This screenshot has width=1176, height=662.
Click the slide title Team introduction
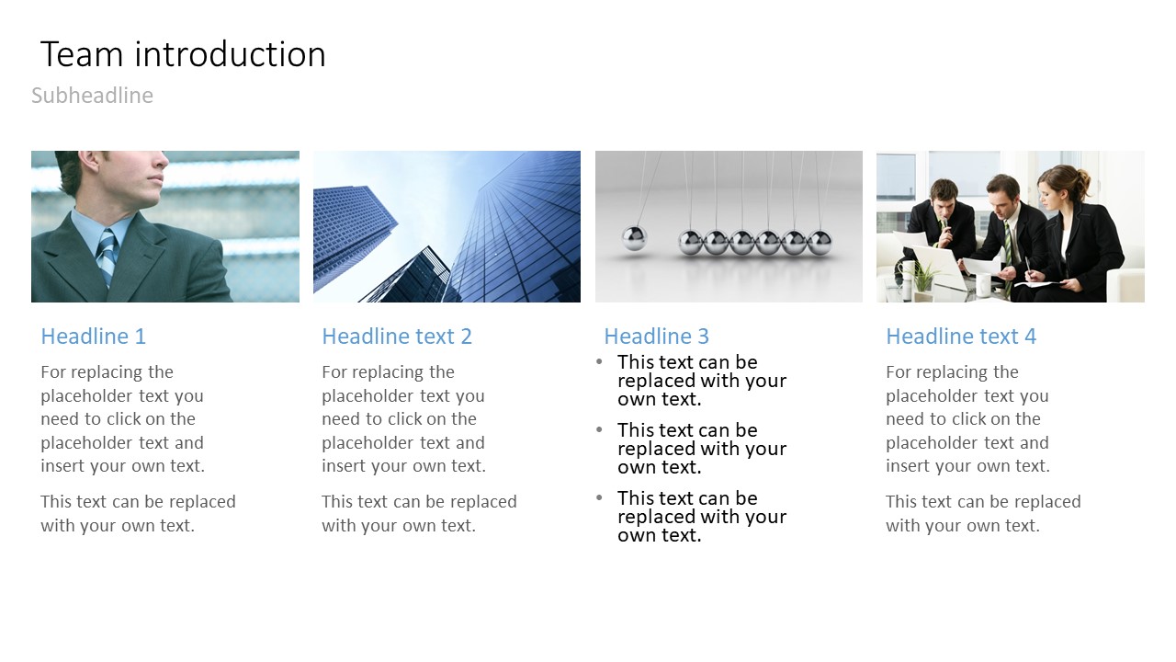click(183, 54)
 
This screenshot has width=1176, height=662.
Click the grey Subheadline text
click(93, 96)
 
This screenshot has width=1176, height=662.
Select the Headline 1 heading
click(94, 337)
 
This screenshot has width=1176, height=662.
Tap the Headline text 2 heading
click(397, 337)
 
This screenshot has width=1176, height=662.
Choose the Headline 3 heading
click(656, 337)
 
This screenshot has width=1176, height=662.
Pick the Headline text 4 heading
click(961, 337)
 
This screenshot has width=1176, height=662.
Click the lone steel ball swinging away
click(634, 238)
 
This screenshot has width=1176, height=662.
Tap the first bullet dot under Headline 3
click(599, 361)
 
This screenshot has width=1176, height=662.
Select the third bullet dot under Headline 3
click(599, 497)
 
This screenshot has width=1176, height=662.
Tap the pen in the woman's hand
click(1028, 267)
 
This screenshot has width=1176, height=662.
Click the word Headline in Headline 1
click(85, 337)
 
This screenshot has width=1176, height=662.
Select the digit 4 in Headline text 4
click(1031, 337)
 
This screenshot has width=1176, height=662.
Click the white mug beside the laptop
click(983, 285)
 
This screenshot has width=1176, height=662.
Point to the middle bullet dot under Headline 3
click(599, 429)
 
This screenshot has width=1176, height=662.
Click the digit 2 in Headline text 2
click(466, 337)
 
